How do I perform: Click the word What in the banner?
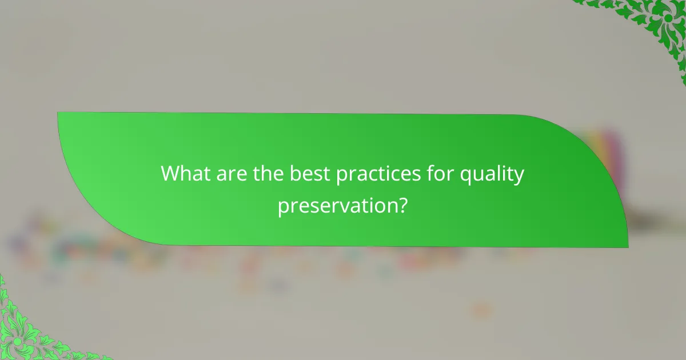(185, 174)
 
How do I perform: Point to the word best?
(309, 174)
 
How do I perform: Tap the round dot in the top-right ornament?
(668, 18)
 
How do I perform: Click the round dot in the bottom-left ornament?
(17, 341)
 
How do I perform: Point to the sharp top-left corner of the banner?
(58, 113)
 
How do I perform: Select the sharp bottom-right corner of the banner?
(628, 247)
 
